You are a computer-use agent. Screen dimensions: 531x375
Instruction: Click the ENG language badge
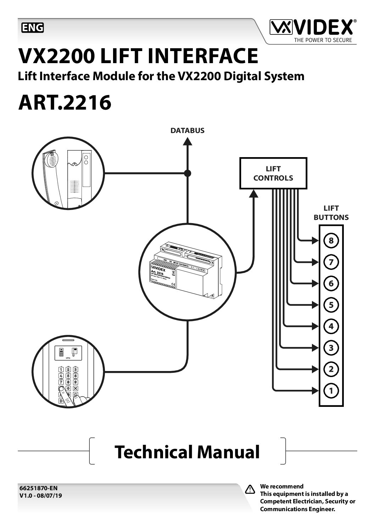tap(33, 27)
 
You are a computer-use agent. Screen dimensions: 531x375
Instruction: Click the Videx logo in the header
tap(311, 27)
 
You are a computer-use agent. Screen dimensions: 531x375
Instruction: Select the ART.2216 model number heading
tap(65, 103)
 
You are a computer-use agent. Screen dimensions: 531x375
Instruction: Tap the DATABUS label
tap(187, 131)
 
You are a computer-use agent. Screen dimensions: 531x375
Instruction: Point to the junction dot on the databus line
tap(187, 173)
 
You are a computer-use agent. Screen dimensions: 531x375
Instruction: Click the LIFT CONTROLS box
tap(273, 173)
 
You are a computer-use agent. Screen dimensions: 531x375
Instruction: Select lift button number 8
tap(331, 241)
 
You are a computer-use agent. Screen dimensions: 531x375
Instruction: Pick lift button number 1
tap(331, 391)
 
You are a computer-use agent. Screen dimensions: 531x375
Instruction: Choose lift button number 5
tap(331, 305)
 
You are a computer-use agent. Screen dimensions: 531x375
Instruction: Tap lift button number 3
tap(331, 348)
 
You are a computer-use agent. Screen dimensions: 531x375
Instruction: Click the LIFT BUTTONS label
tap(331, 213)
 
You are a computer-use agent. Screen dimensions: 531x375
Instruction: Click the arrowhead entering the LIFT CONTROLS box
tap(254, 194)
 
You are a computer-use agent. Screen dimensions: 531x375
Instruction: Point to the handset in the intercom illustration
tap(51, 177)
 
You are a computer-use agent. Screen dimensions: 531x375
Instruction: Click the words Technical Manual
tap(187, 452)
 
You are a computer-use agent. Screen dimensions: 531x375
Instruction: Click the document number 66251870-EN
tap(38, 488)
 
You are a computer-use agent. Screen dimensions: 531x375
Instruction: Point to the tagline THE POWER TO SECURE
tap(323, 40)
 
